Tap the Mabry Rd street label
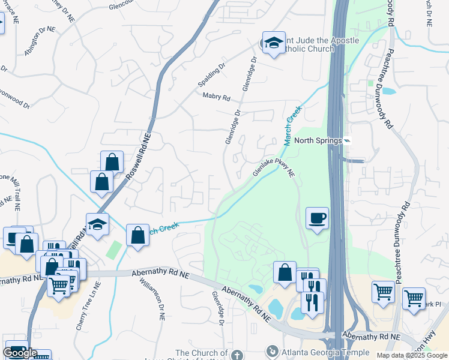pos(217,97)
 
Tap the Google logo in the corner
pos(20,353)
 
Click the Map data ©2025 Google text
pos(411,356)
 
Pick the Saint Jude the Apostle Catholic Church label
pos(316,44)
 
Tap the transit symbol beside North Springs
pos(347,141)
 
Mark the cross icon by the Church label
pos(236,355)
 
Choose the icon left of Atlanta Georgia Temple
pos(273,350)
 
